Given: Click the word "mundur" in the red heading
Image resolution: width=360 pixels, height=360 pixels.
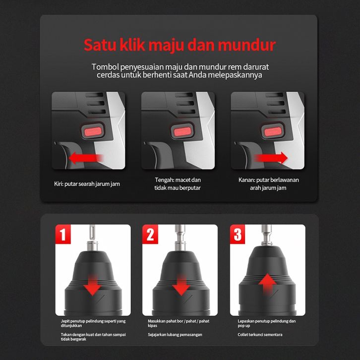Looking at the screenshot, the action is tap(247, 45).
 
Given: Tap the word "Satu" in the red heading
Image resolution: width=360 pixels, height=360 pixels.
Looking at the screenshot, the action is tap(100, 45).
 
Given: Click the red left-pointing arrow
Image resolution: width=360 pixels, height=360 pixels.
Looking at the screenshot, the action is tap(86, 158).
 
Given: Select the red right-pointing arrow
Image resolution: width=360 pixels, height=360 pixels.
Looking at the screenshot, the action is tap(271, 158).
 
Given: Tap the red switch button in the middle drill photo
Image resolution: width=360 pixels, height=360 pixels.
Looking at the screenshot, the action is tap(182, 131).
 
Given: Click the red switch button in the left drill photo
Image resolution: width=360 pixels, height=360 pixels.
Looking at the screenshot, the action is tap(93, 131).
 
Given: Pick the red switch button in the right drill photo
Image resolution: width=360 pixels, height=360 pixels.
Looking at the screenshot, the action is tap(273, 131).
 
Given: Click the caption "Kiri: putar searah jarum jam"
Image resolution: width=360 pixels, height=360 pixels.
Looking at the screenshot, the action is tap(87, 184).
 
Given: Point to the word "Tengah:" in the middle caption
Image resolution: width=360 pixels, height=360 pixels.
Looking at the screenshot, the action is tap(164, 180).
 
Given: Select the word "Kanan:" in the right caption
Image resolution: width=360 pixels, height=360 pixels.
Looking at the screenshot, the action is tap(246, 180).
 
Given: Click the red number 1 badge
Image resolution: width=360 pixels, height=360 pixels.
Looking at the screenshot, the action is tap(63, 234).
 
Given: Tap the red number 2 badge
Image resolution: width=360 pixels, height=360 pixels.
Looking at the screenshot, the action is tap(150, 234).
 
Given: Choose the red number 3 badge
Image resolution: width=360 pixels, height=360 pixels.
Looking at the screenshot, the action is tap(238, 234).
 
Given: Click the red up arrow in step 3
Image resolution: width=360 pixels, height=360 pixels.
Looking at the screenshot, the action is tap(267, 284).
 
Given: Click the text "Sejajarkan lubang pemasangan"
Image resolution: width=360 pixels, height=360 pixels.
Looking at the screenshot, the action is tap(175, 335).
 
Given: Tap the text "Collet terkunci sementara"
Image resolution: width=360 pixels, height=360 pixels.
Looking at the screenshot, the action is tap(260, 335).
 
